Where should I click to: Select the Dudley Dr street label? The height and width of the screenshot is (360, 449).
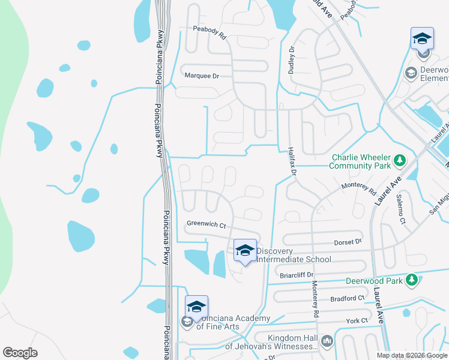tap(292, 60)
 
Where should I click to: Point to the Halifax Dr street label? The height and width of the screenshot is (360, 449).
tap(292, 161)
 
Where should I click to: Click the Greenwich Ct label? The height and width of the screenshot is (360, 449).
tap(206, 225)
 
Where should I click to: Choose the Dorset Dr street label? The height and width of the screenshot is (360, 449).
tap(349, 242)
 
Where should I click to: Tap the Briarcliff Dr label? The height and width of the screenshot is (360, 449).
tap(297, 275)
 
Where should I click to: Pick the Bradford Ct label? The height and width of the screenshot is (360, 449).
tap(348, 298)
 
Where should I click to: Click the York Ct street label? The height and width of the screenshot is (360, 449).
tap(356, 321)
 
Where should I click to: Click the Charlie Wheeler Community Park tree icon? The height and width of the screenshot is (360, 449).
tap(399, 161)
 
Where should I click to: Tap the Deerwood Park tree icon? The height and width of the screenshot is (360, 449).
tap(411, 280)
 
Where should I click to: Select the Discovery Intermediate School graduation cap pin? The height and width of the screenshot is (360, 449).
tap(245, 251)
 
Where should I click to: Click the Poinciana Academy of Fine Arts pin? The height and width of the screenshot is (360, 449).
tap(196, 307)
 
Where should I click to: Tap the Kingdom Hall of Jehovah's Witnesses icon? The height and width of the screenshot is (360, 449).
tap(327, 341)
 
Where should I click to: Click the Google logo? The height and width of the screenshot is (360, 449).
tap(20, 352)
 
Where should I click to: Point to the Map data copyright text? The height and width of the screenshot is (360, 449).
tap(411, 355)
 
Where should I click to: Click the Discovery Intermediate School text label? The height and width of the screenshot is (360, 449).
tap(294, 255)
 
